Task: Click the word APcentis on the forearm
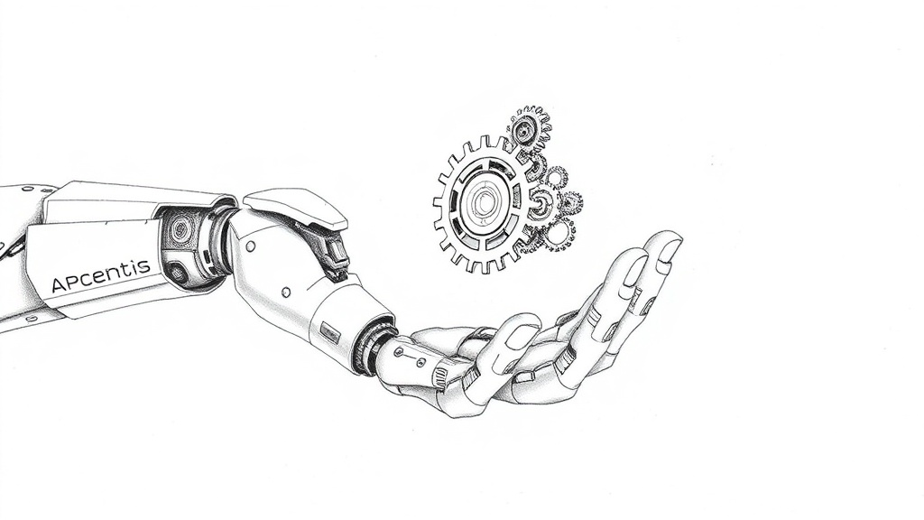coord(101,275)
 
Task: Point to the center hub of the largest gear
coord(485,202)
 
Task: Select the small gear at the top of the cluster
coord(528,125)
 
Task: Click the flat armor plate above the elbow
coord(295,208)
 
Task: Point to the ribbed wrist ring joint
coord(372,347)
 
